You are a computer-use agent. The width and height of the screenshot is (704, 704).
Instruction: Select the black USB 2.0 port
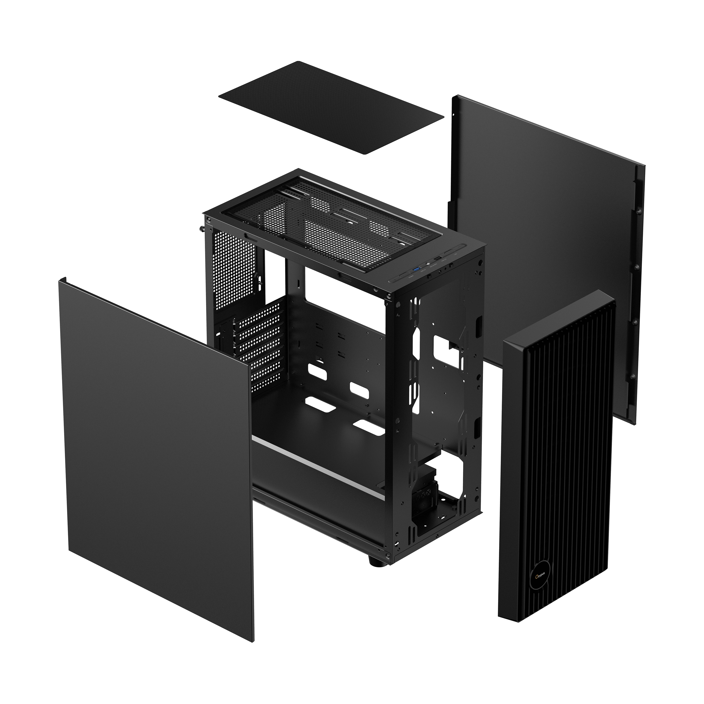(x=438, y=258)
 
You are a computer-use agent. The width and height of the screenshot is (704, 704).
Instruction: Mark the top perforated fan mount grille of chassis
(x=328, y=222)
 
